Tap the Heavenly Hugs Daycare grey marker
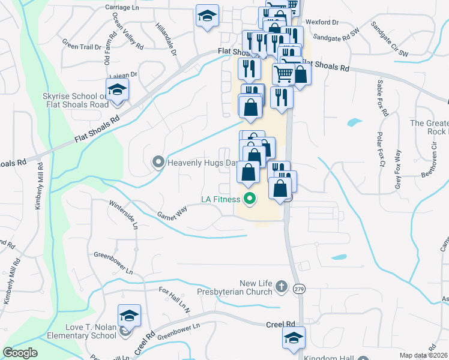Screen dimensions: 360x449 click(x=158, y=162)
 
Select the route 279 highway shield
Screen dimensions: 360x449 click(x=298, y=289)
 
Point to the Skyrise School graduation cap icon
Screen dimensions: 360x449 click(x=118, y=89)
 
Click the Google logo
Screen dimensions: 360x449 click(x=20, y=352)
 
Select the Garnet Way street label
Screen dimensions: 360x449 click(x=172, y=212)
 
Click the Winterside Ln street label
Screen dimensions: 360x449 click(x=124, y=215)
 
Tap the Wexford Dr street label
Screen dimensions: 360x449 click(x=322, y=22)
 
